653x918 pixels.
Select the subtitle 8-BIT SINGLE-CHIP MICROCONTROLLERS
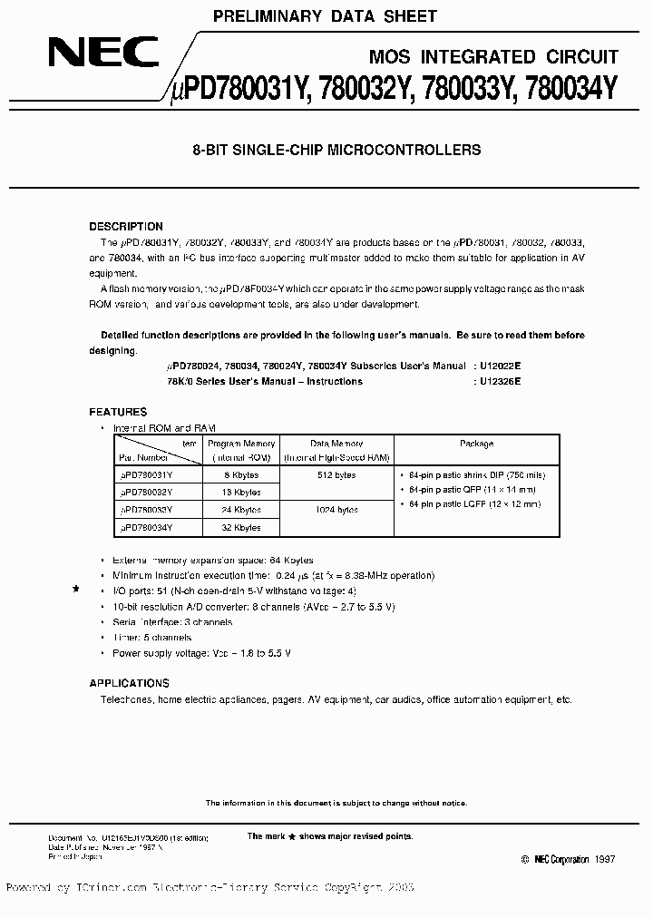pos(336,151)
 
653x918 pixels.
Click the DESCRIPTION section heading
pos(126,227)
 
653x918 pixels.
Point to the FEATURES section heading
pos(118,412)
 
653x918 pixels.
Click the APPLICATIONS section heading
pos(129,683)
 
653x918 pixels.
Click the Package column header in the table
pos(476,444)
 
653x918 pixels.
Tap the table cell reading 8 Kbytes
pos(241,474)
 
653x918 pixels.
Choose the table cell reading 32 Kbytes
pos(241,527)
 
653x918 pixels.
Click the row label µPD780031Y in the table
pos(147,474)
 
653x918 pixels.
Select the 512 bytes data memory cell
pos(338,474)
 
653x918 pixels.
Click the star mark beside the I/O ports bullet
pos(76,590)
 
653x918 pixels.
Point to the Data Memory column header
pos(338,444)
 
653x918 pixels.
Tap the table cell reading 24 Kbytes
pos(241,510)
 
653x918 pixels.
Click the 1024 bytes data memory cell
pos(338,510)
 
